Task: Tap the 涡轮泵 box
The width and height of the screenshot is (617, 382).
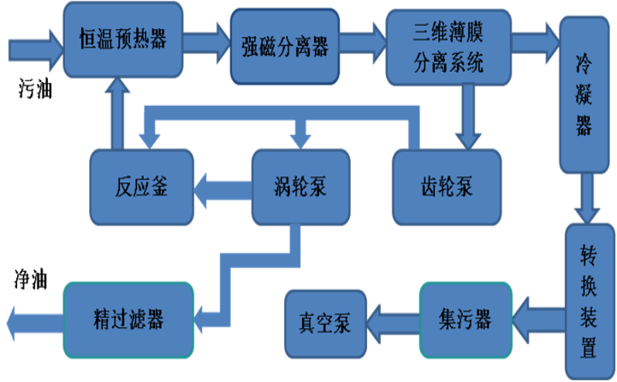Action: pyautogui.click(x=299, y=186)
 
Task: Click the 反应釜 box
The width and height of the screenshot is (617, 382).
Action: pyautogui.click(x=141, y=186)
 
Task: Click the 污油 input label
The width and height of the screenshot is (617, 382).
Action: pyautogui.click(x=35, y=89)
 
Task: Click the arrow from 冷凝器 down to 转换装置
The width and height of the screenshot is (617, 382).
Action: pyautogui.click(x=586, y=198)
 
